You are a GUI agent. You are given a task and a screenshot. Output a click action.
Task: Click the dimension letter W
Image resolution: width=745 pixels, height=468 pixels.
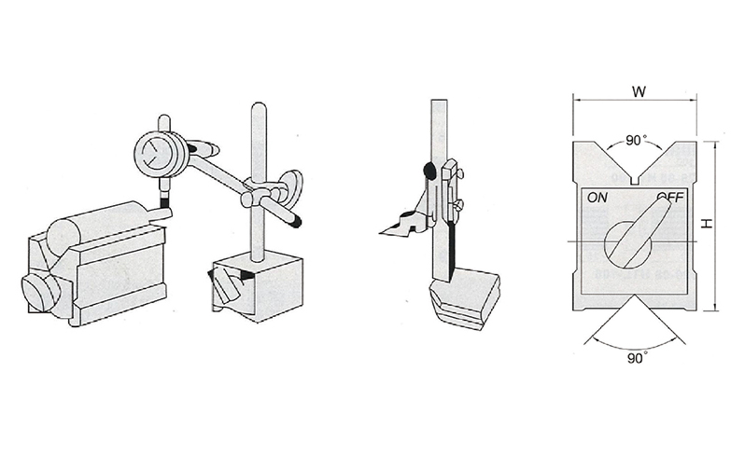640,91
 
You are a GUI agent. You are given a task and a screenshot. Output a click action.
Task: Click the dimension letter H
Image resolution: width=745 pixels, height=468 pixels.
708,223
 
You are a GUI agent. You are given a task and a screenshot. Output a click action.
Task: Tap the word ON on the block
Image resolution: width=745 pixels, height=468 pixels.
597,197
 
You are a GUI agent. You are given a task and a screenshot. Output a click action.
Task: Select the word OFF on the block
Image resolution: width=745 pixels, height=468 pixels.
670,197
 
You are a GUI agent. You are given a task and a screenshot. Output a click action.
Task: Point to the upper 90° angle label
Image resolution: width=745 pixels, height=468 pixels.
636,141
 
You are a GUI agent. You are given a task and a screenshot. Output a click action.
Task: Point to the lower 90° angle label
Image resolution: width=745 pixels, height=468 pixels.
637,358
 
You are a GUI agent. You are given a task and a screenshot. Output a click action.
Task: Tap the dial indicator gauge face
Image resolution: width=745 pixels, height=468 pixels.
154,152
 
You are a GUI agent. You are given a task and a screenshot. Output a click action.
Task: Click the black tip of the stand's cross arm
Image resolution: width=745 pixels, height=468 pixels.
297,221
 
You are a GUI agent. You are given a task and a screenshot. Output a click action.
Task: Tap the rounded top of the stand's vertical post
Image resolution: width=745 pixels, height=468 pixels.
258,107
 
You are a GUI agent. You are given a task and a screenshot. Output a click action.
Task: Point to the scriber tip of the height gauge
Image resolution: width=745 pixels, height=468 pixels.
382,232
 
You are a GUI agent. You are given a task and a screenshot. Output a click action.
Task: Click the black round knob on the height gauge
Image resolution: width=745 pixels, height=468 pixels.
429,171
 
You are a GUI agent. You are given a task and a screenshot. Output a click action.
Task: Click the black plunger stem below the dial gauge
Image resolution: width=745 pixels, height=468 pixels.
165,202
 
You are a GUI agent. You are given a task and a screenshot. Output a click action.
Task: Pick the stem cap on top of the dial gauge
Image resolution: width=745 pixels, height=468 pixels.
163,121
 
